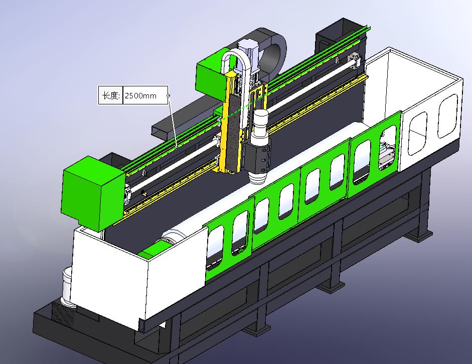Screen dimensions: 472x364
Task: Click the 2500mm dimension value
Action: pyautogui.click(x=140, y=96)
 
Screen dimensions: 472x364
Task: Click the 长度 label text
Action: pyautogui.click(x=111, y=95)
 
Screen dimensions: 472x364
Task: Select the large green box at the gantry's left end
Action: pyautogui.click(x=93, y=193)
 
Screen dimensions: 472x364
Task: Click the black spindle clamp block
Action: pyautogui.click(x=257, y=157)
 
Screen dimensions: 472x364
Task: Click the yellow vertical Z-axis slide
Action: pyautogui.click(x=231, y=124)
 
